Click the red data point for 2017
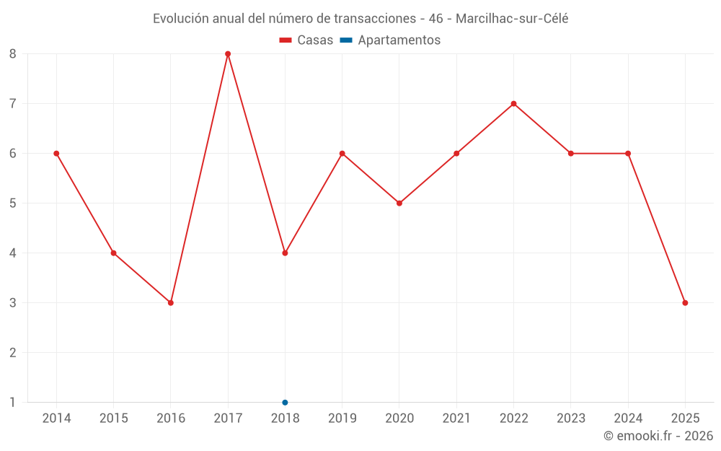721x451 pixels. click(228, 54)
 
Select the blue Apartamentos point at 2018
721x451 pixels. click(285, 403)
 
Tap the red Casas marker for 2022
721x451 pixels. click(513, 104)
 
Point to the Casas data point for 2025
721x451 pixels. click(685, 303)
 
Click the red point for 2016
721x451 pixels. click(171, 303)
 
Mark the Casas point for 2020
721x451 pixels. click(399, 203)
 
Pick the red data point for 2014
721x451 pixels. click(56, 154)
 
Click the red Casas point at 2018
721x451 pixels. click(285, 253)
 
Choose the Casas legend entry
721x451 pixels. click(307, 40)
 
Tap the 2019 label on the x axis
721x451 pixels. click(342, 419)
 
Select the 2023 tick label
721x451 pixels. click(571, 419)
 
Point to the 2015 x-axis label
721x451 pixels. click(114, 419)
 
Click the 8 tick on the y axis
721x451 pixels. click(13, 54)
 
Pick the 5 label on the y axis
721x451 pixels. click(13, 203)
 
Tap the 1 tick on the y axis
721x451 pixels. click(13, 403)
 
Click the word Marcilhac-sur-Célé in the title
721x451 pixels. click(512, 19)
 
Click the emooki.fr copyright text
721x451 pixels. click(658, 436)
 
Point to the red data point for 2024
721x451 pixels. click(628, 154)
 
